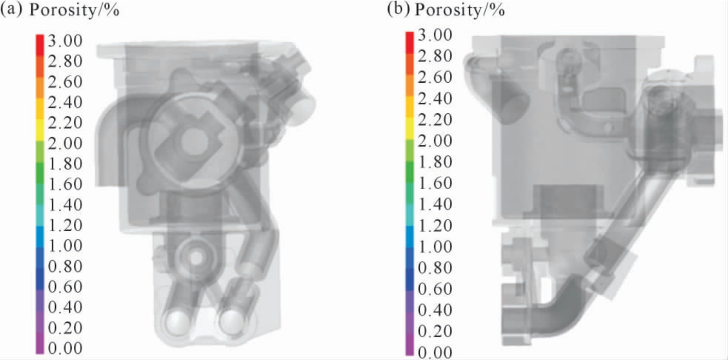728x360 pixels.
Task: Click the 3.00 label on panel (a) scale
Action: (65, 41)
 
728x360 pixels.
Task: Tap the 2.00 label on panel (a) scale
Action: (65, 143)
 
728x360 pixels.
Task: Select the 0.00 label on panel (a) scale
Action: (65, 348)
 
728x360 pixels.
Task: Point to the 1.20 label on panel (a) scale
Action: (65, 225)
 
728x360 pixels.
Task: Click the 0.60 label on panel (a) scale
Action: (65, 287)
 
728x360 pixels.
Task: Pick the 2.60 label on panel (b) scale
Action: (435, 77)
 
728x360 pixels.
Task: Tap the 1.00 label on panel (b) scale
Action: (435, 247)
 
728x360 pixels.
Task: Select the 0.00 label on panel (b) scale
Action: (435, 352)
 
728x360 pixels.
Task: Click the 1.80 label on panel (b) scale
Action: (435, 162)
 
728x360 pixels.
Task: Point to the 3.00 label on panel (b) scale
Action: (435, 35)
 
